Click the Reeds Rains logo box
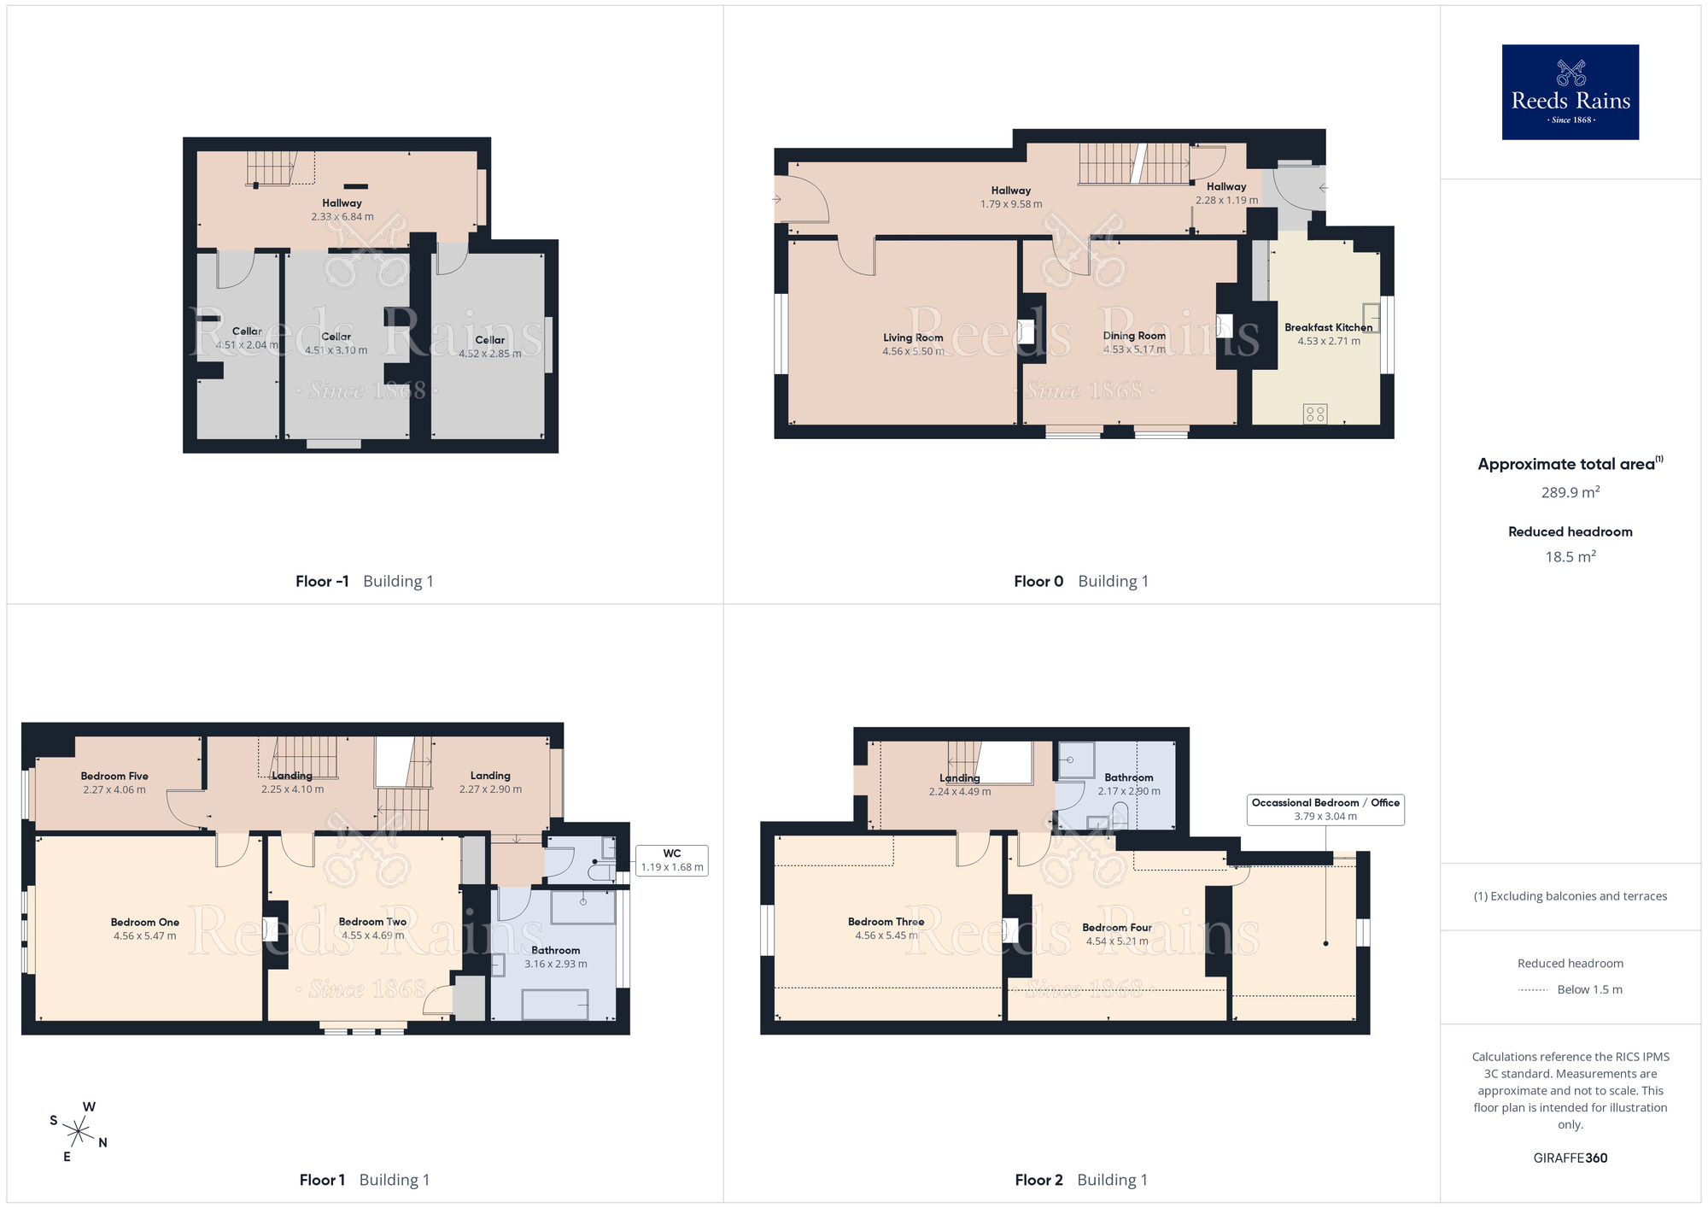(x=1571, y=92)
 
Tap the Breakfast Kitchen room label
(x=1329, y=327)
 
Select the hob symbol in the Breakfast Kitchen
(x=1315, y=414)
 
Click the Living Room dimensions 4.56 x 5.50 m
(x=913, y=351)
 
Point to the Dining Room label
(x=1134, y=336)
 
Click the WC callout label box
(x=672, y=860)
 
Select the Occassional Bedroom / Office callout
(x=1325, y=809)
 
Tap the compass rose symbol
(x=79, y=1132)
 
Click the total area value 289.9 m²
(x=1571, y=492)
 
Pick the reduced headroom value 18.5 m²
(x=1571, y=557)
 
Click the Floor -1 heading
(x=322, y=581)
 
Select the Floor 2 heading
(x=1038, y=1180)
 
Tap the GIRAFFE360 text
(x=1571, y=1158)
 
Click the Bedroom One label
(x=145, y=922)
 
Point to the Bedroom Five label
(x=114, y=776)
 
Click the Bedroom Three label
(x=886, y=922)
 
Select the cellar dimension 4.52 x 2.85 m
(x=490, y=354)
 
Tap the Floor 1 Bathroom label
(x=556, y=950)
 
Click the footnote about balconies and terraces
(x=1571, y=896)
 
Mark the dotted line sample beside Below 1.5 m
(x=1533, y=990)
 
